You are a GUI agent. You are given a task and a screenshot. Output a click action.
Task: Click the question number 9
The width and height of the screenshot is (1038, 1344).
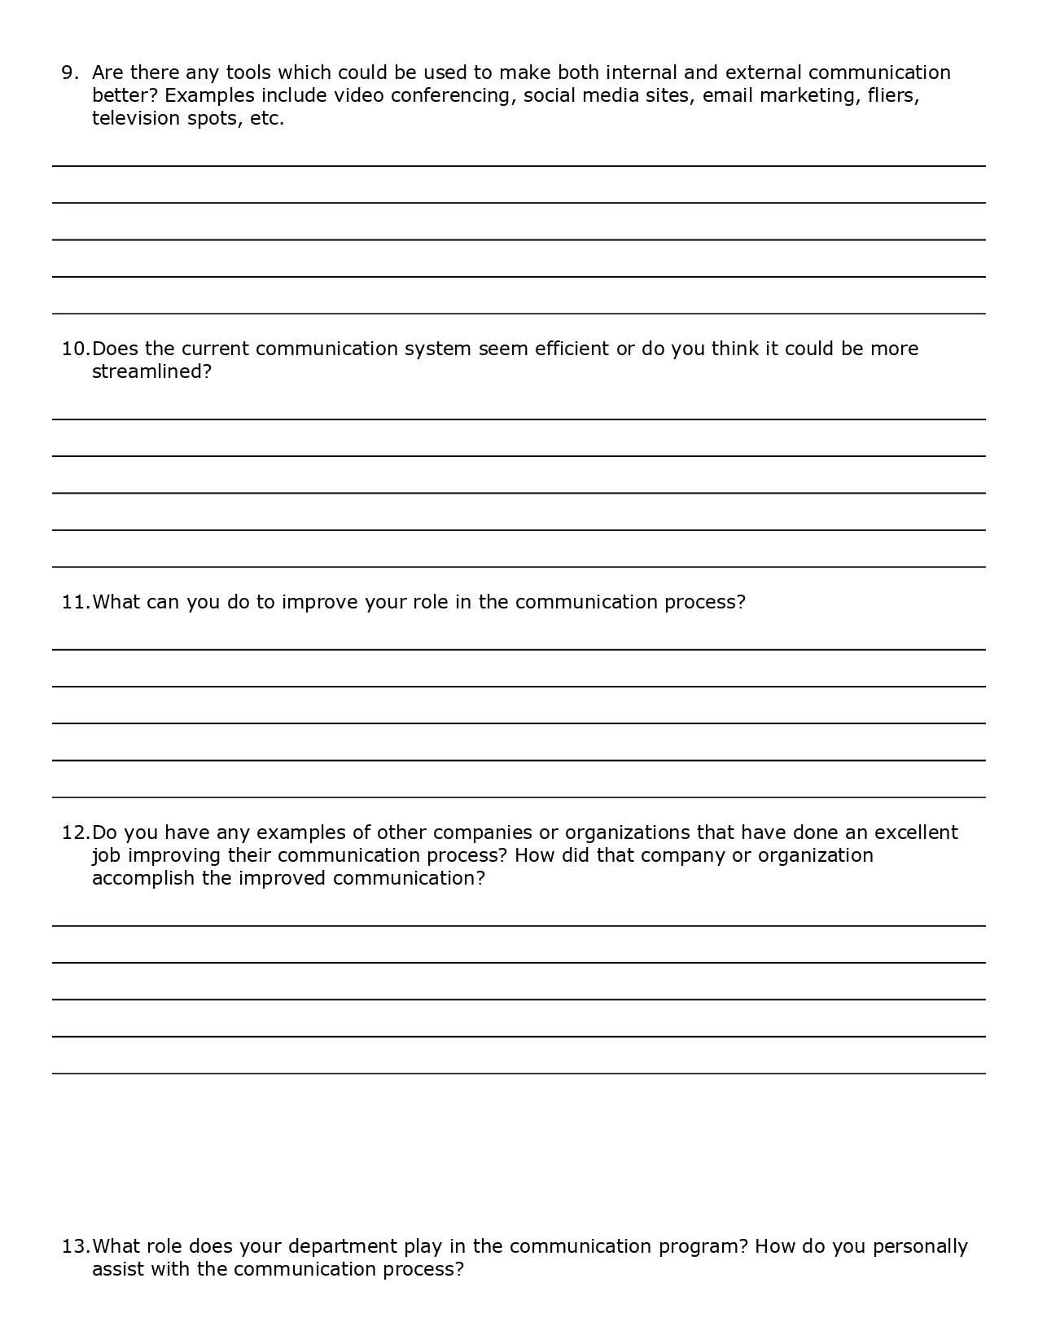(x=69, y=72)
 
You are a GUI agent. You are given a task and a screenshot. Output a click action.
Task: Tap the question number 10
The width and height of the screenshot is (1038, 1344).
(x=75, y=349)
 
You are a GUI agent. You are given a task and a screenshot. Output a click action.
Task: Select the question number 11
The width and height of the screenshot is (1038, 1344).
(x=75, y=602)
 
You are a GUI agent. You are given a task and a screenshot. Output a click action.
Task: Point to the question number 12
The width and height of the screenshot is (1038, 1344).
(x=75, y=832)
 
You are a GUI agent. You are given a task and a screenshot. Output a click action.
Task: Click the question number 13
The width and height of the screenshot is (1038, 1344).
(x=75, y=1246)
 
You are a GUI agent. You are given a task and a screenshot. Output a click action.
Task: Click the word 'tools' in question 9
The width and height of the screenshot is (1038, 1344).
(x=248, y=72)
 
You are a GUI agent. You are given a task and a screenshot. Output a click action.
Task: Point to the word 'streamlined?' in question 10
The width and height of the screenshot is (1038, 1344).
(x=151, y=371)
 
